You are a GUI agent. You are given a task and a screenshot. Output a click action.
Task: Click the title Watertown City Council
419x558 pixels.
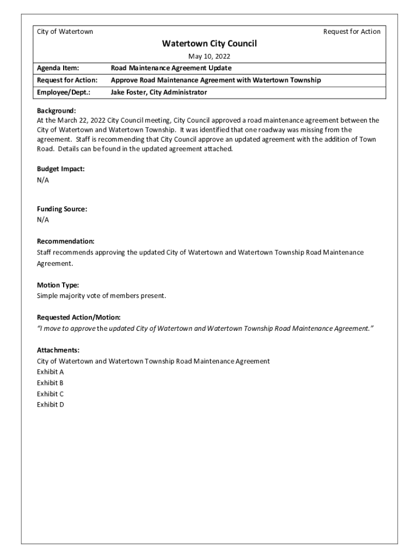(x=209, y=44)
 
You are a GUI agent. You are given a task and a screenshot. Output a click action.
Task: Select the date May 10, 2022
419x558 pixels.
(x=209, y=57)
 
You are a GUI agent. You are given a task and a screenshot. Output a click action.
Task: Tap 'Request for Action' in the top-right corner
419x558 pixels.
(x=352, y=32)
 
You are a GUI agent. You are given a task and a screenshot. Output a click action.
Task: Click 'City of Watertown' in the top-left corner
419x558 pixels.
(x=65, y=32)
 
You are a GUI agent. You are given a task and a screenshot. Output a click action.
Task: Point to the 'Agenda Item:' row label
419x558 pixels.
(x=58, y=68)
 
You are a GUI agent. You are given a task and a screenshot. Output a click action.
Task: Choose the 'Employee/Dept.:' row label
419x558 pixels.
(x=63, y=93)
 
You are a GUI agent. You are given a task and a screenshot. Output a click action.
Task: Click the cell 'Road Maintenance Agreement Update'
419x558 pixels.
(x=171, y=68)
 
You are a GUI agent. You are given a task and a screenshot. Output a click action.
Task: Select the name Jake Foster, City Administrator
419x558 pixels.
(x=159, y=93)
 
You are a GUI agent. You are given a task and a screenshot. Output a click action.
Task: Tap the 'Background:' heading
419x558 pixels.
(x=56, y=111)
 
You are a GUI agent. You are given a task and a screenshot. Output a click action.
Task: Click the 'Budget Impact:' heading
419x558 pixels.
(x=60, y=169)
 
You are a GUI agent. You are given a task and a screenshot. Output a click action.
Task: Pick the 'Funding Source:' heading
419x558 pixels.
(x=61, y=209)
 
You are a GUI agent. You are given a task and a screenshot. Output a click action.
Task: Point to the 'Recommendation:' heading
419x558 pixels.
(x=65, y=241)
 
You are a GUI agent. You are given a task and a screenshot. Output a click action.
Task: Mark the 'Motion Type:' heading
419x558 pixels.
(x=58, y=285)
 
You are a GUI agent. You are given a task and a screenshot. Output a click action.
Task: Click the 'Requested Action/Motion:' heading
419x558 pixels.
(x=78, y=317)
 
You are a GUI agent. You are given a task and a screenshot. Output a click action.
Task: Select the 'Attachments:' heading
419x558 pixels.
(x=58, y=350)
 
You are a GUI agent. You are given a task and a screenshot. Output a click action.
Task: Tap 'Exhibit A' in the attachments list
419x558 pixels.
(x=50, y=372)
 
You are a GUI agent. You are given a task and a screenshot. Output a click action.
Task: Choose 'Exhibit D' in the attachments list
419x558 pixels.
(x=50, y=405)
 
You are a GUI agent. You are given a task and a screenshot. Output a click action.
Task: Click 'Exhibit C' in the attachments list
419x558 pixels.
(x=50, y=394)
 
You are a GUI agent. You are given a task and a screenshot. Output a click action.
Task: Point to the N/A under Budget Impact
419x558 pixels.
(x=43, y=180)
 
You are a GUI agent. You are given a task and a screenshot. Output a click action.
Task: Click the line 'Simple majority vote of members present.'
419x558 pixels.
(x=101, y=296)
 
